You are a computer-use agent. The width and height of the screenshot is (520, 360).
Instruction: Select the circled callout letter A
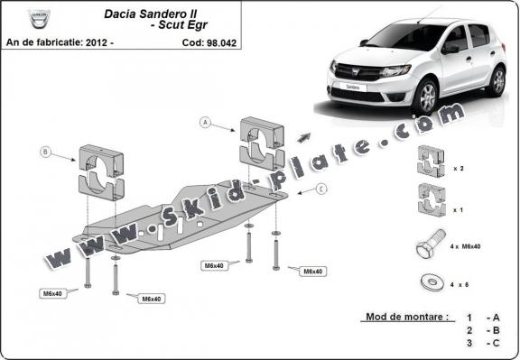tap(205, 122)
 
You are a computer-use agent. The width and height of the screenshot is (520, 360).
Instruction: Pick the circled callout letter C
tap(322, 189)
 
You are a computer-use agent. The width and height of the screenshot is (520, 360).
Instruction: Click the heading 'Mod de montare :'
tap(407, 318)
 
